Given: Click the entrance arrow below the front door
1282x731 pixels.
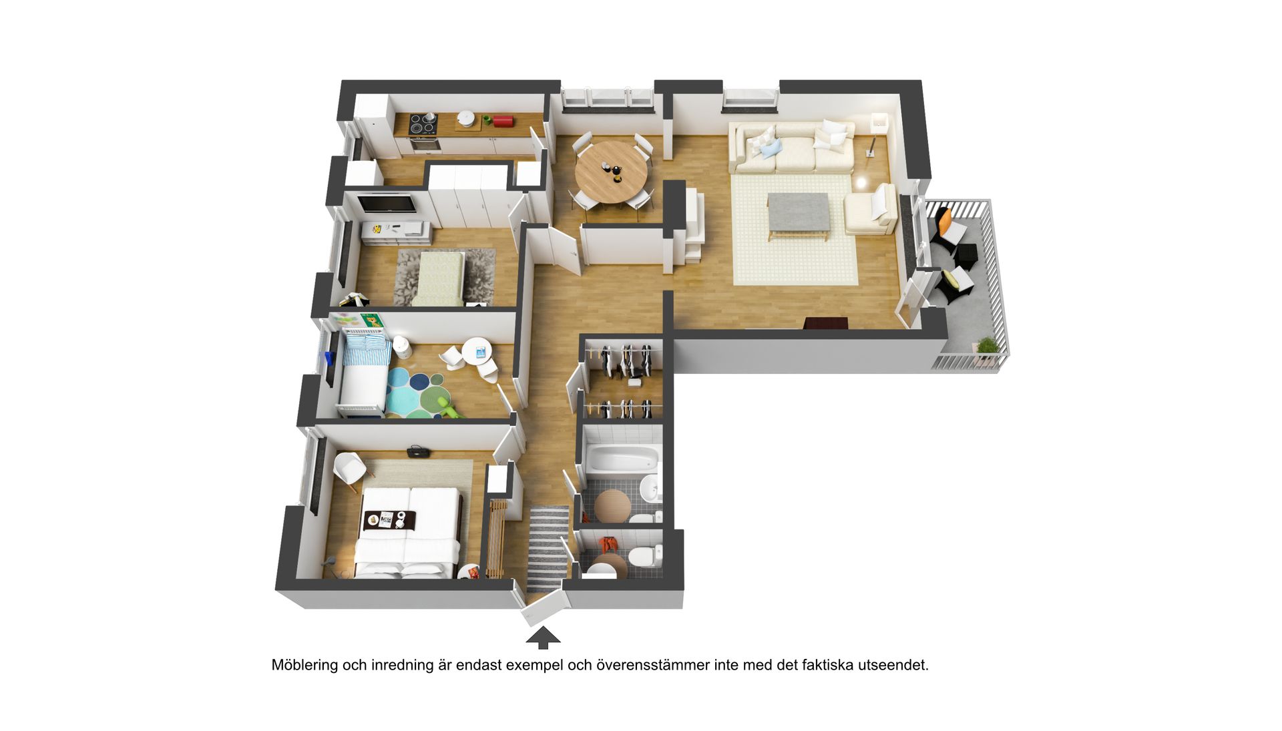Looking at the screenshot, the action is click(543, 637).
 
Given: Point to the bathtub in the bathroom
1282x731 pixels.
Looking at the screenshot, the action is click(622, 459).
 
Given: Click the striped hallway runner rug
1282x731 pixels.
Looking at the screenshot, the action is click(548, 549).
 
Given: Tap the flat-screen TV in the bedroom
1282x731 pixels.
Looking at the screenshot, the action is click(386, 203).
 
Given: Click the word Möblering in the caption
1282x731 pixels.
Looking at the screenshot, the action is click(304, 665).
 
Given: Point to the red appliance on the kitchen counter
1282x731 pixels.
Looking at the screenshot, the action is click(502, 121).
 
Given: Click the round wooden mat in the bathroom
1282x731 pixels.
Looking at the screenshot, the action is click(612, 506).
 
